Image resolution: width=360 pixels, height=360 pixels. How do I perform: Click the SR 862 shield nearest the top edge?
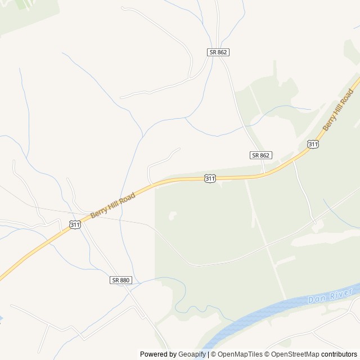218,52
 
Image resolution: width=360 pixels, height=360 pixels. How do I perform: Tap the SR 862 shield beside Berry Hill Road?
261,155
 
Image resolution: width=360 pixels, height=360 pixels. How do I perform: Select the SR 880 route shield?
120,280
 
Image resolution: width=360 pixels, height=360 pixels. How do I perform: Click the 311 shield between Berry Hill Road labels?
210,178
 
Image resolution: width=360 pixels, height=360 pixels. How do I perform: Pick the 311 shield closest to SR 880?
75,224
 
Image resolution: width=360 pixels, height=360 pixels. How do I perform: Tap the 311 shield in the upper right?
313,145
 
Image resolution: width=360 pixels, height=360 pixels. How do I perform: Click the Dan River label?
330,295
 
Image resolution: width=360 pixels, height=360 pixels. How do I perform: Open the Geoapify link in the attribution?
192,354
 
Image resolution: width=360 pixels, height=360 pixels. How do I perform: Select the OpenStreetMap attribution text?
293,354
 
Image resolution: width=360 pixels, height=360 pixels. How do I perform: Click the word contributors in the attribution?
339,354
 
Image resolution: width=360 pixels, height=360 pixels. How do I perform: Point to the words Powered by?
158,354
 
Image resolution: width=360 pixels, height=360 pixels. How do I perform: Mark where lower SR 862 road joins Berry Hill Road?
264,174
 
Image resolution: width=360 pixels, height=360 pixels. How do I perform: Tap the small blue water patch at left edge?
1,319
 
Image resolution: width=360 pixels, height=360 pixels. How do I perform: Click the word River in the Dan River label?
341,292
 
